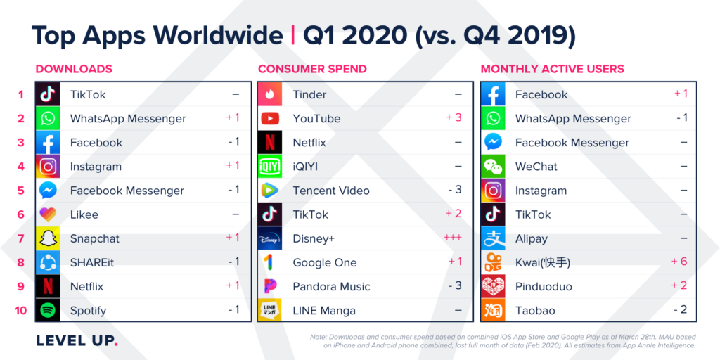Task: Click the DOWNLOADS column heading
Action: [x=74, y=69]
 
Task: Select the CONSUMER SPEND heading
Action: [x=312, y=69]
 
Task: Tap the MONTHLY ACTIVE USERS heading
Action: [x=552, y=69]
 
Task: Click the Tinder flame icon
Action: [x=270, y=94]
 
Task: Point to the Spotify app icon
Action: [x=48, y=310]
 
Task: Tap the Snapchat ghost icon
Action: [x=48, y=238]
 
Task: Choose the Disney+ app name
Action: [x=314, y=238]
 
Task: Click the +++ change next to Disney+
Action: [x=452, y=238]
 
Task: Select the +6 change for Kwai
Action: [x=680, y=262]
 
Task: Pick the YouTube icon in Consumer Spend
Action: [x=270, y=118]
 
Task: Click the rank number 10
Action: [x=21, y=310]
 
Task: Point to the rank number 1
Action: [x=21, y=94]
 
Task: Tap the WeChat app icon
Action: [x=493, y=167]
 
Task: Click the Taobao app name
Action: [x=535, y=310]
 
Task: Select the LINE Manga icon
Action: [x=270, y=310]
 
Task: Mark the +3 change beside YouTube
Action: [x=454, y=117]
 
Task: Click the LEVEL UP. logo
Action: [x=77, y=341]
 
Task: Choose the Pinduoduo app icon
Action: [x=493, y=286]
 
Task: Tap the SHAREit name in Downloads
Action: [x=94, y=262]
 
